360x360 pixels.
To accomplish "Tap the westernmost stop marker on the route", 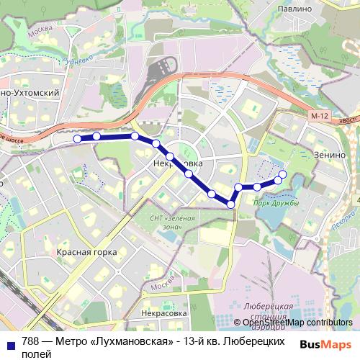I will tap(77, 138).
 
